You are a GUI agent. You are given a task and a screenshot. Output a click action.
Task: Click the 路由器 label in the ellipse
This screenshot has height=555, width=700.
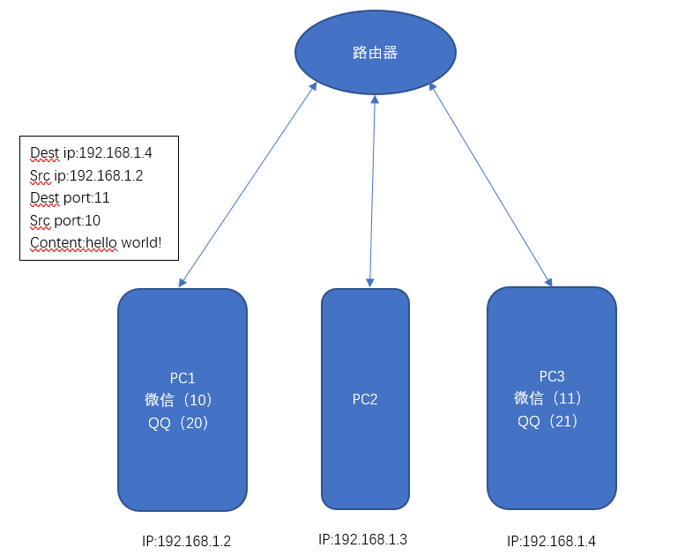(375, 53)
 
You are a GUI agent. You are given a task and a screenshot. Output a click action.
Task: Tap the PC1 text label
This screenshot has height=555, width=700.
(182, 379)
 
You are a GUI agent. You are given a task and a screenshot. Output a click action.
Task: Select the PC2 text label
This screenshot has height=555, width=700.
(365, 399)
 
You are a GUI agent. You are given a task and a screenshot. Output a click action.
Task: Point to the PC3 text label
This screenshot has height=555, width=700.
(552, 376)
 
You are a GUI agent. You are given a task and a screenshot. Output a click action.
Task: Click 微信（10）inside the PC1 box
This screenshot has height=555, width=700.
(181, 400)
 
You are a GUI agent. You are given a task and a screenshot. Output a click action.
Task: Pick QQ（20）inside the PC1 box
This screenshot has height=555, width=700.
(179, 422)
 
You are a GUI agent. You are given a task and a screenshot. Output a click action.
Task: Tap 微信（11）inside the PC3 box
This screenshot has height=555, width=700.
(550, 398)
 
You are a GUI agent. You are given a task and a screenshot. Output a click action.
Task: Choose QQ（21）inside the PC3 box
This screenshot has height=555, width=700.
(548, 420)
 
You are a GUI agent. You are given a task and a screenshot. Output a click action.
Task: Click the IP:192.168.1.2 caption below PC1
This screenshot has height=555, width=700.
(186, 541)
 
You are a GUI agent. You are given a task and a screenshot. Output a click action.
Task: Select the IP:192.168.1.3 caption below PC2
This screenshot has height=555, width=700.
(362, 539)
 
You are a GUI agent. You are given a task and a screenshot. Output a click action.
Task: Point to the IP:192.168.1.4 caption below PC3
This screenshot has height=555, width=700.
(551, 541)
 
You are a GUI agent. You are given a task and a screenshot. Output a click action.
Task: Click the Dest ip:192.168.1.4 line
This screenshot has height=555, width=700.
(91, 153)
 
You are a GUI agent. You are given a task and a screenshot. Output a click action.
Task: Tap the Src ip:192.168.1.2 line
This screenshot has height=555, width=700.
(86, 175)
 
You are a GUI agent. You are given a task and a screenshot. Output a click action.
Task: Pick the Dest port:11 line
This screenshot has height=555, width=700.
(70, 197)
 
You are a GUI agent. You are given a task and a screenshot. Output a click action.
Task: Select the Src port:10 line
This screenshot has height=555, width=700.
(65, 220)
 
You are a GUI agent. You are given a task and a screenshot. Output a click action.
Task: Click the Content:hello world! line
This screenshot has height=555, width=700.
(95, 242)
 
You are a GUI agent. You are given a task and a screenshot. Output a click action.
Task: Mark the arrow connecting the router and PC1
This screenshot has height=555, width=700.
(247, 185)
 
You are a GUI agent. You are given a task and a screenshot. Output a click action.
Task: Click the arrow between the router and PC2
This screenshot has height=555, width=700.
(372, 189)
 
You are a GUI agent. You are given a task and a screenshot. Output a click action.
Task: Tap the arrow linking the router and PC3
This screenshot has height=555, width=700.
(490, 185)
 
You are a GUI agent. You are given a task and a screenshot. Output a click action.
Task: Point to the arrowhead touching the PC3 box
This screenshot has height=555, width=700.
(548, 282)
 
